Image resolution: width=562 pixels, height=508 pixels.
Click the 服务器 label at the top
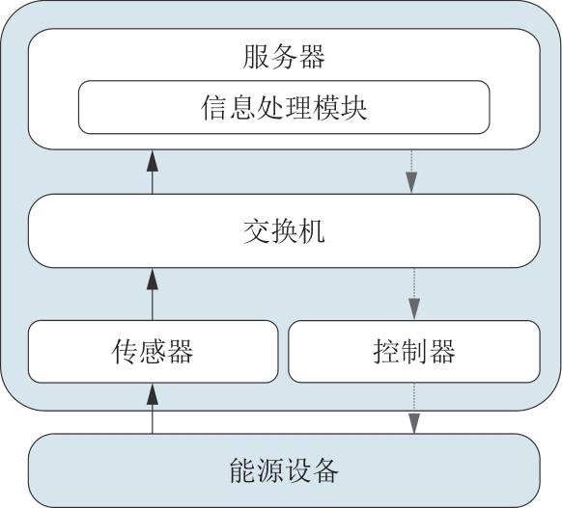click(x=284, y=57)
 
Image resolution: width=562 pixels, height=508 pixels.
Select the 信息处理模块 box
click(x=284, y=107)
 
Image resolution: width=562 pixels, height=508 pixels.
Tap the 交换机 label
click(x=284, y=231)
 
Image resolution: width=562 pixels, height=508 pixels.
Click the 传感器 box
click(x=153, y=352)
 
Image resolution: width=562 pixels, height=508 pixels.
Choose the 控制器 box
click(x=414, y=352)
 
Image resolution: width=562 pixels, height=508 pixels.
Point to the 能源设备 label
click(x=284, y=470)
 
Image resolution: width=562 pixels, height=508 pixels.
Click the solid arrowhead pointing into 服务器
click(x=153, y=161)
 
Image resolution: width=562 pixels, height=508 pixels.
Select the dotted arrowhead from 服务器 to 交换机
click(x=411, y=182)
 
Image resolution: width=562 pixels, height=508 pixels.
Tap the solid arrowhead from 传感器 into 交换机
click(x=153, y=279)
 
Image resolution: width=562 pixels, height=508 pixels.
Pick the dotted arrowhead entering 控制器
click(x=414, y=309)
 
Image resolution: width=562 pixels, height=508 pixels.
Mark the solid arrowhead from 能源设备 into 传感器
click(x=153, y=394)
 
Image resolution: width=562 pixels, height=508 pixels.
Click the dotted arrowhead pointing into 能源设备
click(x=414, y=423)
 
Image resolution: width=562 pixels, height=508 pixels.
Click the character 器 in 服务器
click(x=312, y=57)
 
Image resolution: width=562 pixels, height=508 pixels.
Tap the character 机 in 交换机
click(x=312, y=231)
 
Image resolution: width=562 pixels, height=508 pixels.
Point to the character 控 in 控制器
click(x=385, y=352)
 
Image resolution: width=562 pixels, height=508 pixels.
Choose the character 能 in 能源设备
click(x=242, y=471)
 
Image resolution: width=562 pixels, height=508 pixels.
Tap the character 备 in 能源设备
click(x=325, y=471)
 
